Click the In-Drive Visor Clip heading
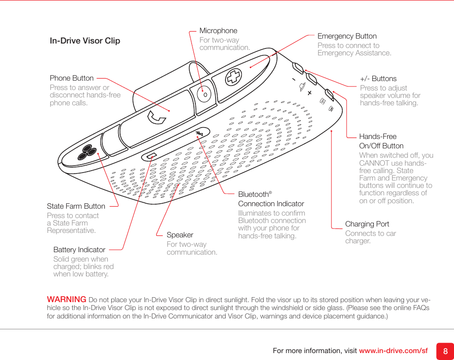tap(85, 41)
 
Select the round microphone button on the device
tap(204, 93)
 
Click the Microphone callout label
tap(218, 31)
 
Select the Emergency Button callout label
tap(347, 36)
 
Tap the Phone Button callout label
tap(72, 78)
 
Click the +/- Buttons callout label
tap(378, 79)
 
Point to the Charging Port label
tap(367, 224)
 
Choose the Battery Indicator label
tap(79, 250)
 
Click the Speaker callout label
tap(180, 235)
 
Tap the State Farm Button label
tap(76, 206)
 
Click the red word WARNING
tap(67, 299)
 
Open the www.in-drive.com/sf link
tap(393, 351)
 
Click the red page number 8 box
tap(445, 351)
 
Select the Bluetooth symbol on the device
tap(199, 134)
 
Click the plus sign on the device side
tap(310, 93)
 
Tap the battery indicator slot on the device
tap(151, 157)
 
